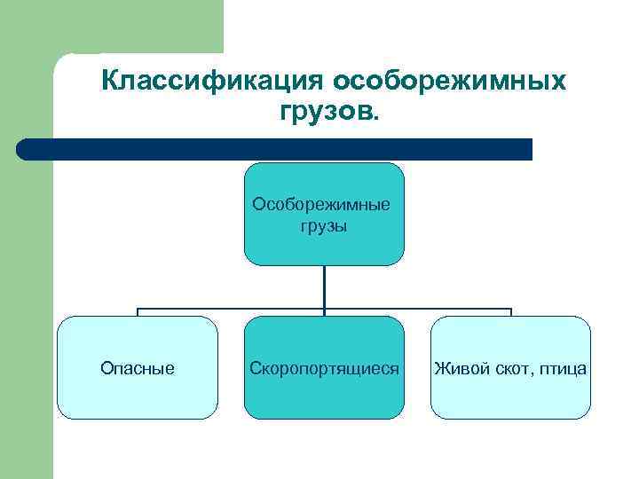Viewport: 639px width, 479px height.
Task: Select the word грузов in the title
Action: pos(327,113)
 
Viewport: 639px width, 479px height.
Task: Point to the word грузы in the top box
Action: pos(323,226)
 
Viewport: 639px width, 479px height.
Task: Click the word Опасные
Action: pos(138,367)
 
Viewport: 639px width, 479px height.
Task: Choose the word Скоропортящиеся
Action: pos(324,367)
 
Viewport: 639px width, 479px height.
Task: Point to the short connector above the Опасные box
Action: pos(138,312)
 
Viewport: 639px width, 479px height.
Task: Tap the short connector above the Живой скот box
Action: pos(511,312)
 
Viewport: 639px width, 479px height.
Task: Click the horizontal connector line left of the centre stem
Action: pos(231,309)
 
